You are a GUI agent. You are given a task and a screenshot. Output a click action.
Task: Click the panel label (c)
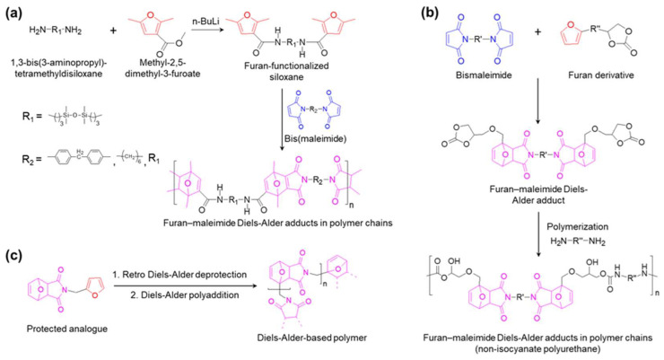13,254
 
